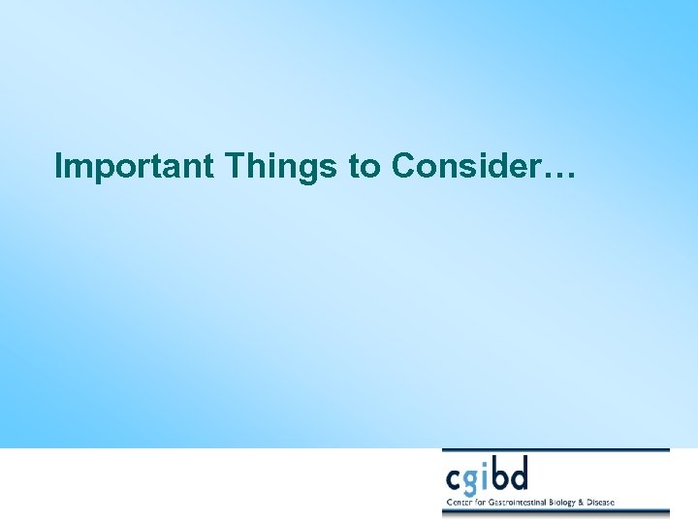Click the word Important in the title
click(135, 167)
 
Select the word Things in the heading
click(282, 167)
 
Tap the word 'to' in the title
click(365, 168)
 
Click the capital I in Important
click(60, 167)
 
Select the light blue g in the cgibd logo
click(476, 482)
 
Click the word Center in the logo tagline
click(458, 502)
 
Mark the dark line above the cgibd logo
click(555, 450)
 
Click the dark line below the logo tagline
click(555, 511)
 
